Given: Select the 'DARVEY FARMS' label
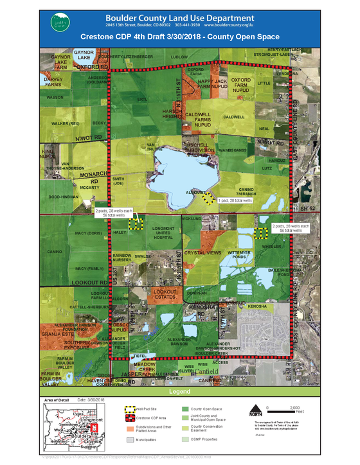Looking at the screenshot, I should point(53,82).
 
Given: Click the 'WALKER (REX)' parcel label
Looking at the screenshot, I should point(65,123).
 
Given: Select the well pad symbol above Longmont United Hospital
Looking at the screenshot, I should point(135,224).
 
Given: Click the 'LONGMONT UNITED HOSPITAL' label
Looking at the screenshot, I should point(163,232).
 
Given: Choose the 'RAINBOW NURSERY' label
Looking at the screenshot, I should point(122,258).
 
